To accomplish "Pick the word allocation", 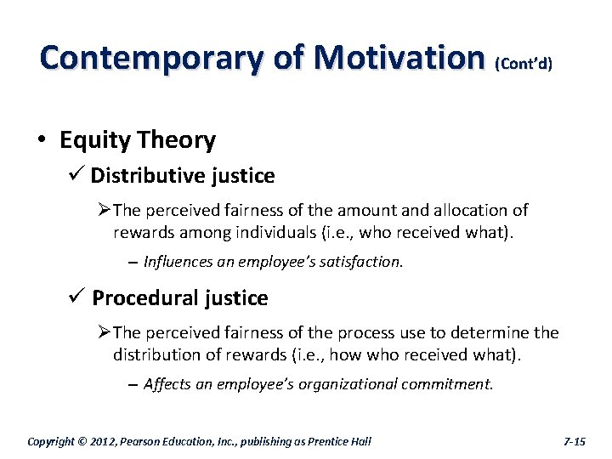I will coord(471,210).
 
